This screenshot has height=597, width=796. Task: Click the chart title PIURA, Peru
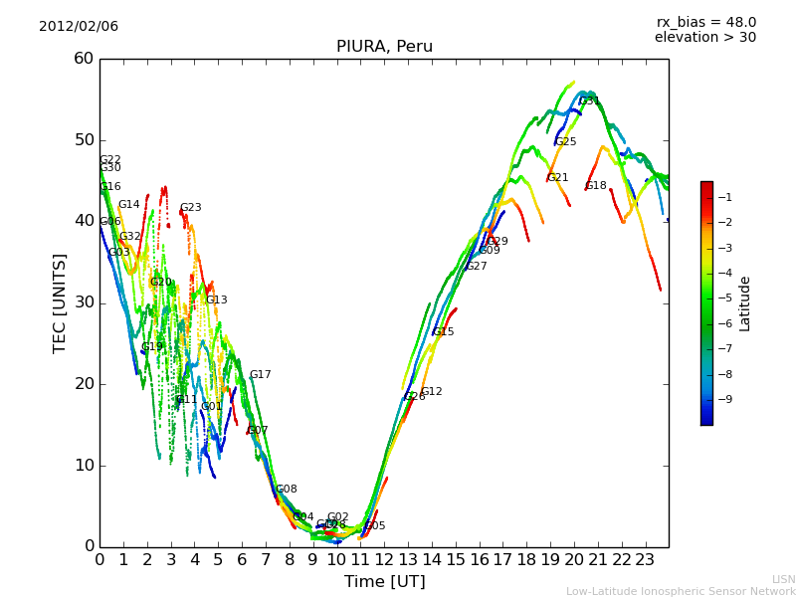[x=384, y=47]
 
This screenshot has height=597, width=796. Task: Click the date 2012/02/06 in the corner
[x=79, y=27]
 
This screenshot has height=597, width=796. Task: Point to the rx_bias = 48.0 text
[x=705, y=23]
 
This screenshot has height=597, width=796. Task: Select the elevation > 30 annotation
[x=704, y=38]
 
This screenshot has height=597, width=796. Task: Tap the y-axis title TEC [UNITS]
[x=60, y=302]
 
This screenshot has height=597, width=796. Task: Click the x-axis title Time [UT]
[x=384, y=582]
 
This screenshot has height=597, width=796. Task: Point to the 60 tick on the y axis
[x=84, y=59]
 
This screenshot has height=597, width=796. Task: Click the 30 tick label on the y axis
[x=84, y=302]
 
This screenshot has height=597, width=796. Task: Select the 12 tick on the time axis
[x=384, y=560]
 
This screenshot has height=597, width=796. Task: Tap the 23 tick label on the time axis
[x=645, y=560]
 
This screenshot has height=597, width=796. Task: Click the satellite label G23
[x=190, y=208]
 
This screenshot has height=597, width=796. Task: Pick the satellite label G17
[x=260, y=375]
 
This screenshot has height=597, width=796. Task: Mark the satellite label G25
[x=565, y=142]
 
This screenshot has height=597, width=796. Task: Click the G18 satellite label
[x=595, y=186]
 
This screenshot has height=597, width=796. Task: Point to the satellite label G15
[x=443, y=332]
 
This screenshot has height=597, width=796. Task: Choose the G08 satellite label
[x=286, y=490]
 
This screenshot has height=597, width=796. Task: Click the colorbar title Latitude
[x=745, y=303]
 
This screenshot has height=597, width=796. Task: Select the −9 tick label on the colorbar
[x=727, y=400]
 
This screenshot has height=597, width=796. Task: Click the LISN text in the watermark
[x=783, y=579]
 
